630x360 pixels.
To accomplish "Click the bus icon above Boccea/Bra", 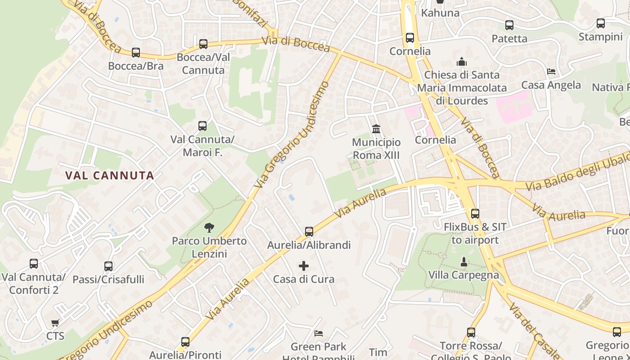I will pyautogui.click(x=136, y=53).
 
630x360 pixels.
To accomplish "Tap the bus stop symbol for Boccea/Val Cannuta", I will pyautogui.click(x=203, y=44).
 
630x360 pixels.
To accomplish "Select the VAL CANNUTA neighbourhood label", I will pyautogui.click(x=110, y=175).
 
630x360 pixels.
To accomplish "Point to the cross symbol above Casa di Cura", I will pyautogui.click(x=304, y=266).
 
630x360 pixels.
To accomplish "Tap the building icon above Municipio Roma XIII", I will pyautogui.click(x=376, y=130).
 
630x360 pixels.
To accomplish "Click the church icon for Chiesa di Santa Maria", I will pyautogui.click(x=462, y=62).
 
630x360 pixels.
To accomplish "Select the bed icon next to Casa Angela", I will pyautogui.click(x=551, y=72).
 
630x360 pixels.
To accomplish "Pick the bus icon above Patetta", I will pyautogui.click(x=509, y=25).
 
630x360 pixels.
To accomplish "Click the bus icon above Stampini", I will pyautogui.click(x=601, y=23).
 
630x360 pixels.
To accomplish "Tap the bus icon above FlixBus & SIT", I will pyautogui.click(x=475, y=214).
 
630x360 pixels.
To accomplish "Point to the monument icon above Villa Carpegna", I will pyautogui.click(x=463, y=261).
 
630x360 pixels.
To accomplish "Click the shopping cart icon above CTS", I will pyautogui.click(x=55, y=323).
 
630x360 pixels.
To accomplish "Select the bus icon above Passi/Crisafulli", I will pyautogui.click(x=108, y=266).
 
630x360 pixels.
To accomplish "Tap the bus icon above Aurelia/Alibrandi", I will pyautogui.click(x=309, y=232).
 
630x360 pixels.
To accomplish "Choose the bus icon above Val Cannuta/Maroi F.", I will pyautogui.click(x=202, y=126).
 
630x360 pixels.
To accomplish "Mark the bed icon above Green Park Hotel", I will pyautogui.click(x=319, y=333).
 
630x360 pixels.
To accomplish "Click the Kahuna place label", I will pyautogui.click(x=440, y=13).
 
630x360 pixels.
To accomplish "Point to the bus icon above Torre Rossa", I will pyautogui.click(x=471, y=333).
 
